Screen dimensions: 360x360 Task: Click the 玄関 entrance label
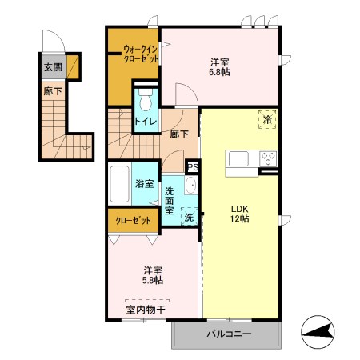[x=53, y=67]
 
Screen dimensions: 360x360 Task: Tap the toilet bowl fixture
[x=146, y=100]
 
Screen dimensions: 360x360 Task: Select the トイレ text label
[x=146, y=122]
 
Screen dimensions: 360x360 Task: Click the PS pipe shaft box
[x=193, y=167]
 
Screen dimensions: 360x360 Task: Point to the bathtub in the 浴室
[x=119, y=184]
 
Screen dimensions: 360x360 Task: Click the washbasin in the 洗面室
[x=190, y=185]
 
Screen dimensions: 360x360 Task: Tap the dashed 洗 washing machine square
[x=190, y=216]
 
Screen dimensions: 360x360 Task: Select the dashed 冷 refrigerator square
[x=267, y=119]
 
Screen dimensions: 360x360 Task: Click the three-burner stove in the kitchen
[x=268, y=158]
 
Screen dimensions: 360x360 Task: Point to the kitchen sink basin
[x=238, y=158]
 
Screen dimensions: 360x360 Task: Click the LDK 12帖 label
[x=240, y=214]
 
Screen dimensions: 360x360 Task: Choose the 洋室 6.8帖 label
[x=220, y=67]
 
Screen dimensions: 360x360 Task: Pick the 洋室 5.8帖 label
[x=153, y=275]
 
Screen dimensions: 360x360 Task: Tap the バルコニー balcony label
[x=229, y=334]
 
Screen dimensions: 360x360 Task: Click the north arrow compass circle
[x=318, y=332]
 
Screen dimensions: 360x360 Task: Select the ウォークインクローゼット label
[x=141, y=54]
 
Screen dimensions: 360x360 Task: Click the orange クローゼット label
[x=133, y=220]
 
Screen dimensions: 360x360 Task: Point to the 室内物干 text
[x=146, y=310]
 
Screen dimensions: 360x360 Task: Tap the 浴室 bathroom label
[x=144, y=183]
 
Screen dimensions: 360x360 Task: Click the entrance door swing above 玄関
[x=54, y=41]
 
